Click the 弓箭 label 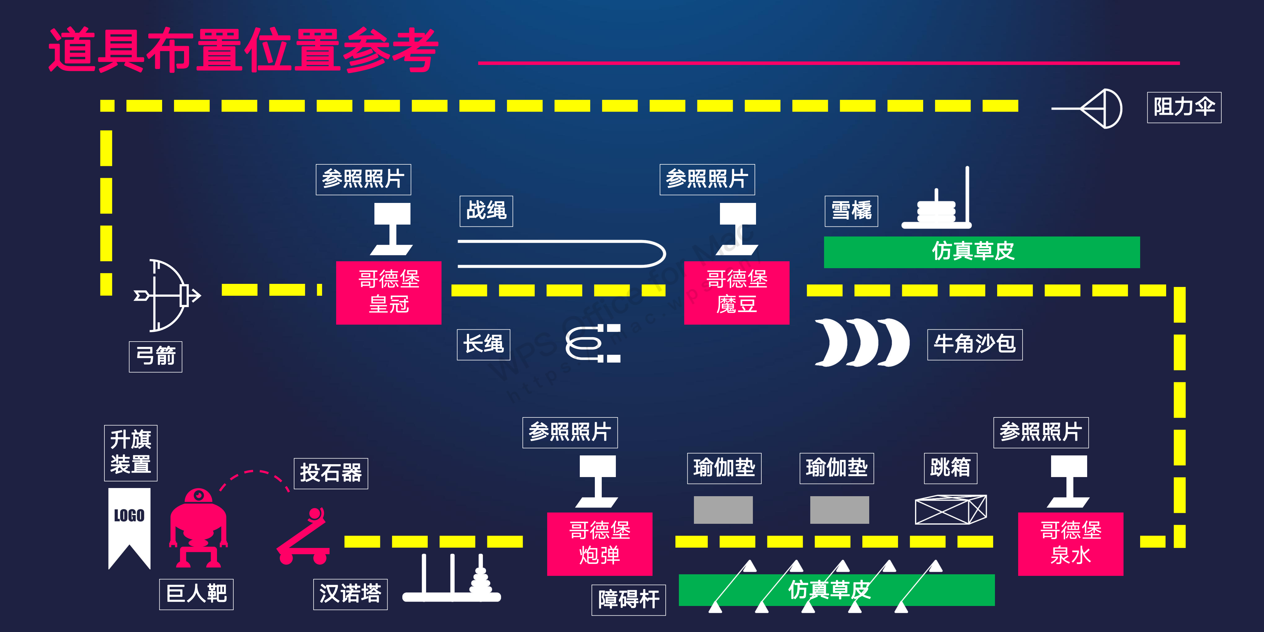(156, 357)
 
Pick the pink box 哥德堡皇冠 (389, 292)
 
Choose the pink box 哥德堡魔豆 (737, 292)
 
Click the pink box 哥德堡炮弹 (600, 544)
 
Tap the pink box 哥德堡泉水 (1070, 544)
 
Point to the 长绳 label (483, 344)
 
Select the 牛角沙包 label (975, 344)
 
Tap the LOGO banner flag (129, 525)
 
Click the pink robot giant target (198, 528)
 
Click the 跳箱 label (950, 468)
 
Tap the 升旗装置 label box (130, 452)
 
